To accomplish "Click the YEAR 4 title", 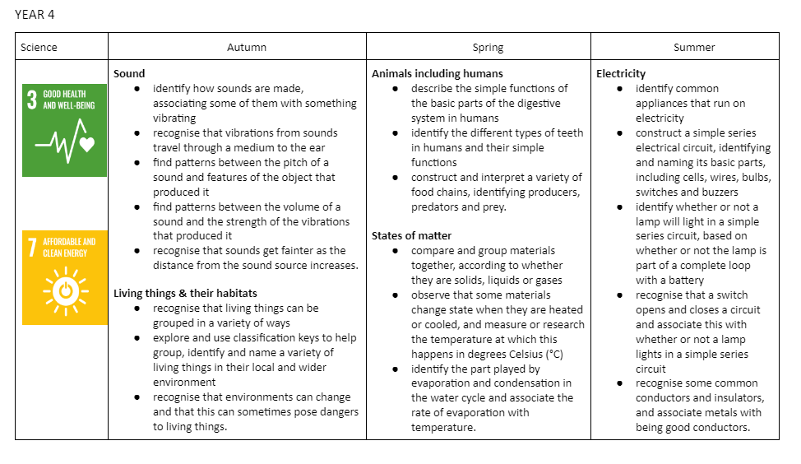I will pos(35,14).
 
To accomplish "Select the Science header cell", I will pos(39,48).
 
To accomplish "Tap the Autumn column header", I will pos(247,48).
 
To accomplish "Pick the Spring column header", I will pos(488,48).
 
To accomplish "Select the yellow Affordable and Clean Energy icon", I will pos(65,276).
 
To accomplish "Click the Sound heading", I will pos(129,74).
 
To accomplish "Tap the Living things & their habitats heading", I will pos(185,294).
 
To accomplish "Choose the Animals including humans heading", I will pos(437,74).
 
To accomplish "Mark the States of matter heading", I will pos(411,236).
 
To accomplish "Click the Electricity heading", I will pos(621,74).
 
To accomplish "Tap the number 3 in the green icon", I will pos(32,100).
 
